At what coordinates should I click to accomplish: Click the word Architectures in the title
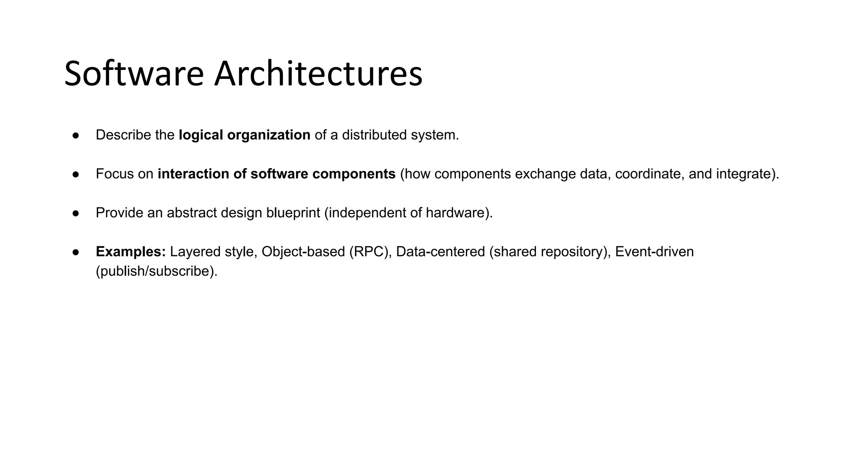point(318,74)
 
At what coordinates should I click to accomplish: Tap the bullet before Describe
point(76,135)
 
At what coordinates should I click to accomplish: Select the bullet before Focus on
point(76,174)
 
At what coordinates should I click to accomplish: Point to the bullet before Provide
point(76,213)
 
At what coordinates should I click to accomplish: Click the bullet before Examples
point(76,252)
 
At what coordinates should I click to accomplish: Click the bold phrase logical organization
point(244,135)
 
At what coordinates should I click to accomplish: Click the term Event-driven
point(654,252)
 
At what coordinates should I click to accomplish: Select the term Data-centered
point(440,252)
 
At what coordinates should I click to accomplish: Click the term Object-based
point(303,252)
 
